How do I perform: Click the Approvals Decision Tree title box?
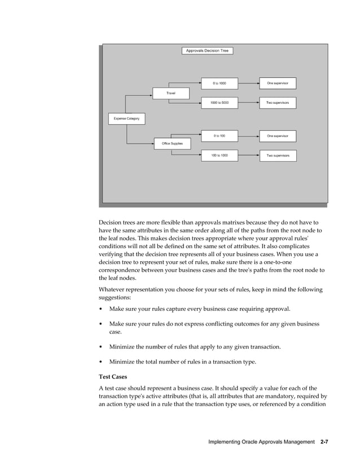point(207,51)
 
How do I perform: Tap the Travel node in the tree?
point(170,93)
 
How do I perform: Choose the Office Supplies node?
point(172,144)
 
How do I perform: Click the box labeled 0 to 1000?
point(219,83)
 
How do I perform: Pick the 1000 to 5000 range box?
point(219,103)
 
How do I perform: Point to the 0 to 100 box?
point(219,135)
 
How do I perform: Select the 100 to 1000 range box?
point(219,155)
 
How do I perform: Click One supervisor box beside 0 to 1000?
point(278,83)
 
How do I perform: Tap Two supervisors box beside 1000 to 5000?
point(278,103)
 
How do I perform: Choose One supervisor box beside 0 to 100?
point(278,135)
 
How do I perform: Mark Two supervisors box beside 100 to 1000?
point(278,155)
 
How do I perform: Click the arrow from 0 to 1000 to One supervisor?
point(248,83)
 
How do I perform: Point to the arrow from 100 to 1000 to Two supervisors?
point(248,155)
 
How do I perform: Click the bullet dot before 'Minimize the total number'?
point(101,362)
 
